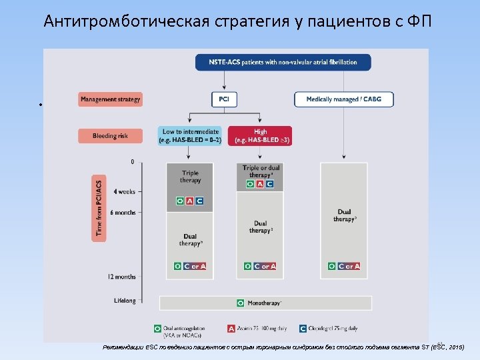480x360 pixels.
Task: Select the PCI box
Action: click(224, 99)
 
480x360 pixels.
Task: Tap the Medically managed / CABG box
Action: click(343, 99)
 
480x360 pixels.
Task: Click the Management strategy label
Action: click(110, 99)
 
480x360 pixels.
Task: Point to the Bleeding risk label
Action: click(110, 136)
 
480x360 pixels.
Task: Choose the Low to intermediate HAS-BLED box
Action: click(190, 136)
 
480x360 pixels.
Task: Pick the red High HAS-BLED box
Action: click(260, 136)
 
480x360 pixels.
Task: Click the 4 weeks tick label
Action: click(124, 191)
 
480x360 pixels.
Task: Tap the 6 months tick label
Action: click(123, 212)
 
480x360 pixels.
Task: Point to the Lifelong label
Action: click(124, 301)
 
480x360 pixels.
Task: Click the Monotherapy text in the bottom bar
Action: click(264, 303)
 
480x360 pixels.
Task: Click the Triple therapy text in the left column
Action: click(190, 177)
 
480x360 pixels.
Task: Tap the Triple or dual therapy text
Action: click(261, 171)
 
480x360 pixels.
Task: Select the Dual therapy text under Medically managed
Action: click(345, 215)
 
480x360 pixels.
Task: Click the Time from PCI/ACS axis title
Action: click(100, 207)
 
